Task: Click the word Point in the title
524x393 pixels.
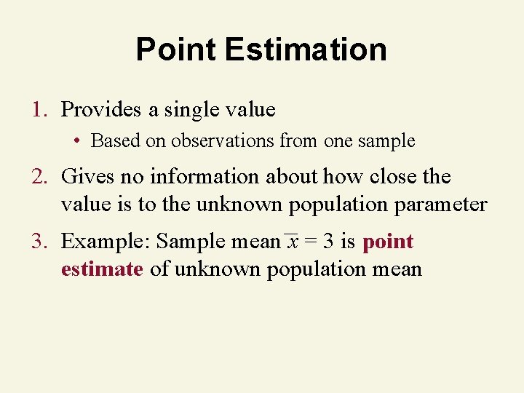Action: point(176,49)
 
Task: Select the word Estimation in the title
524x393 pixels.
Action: point(306,49)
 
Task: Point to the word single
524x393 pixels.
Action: point(191,110)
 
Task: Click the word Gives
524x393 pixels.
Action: point(85,177)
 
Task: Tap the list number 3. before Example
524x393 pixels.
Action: point(39,241)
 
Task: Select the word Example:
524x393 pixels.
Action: point(106,241)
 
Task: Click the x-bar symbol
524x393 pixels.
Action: point(291,241)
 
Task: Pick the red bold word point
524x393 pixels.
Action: point(388,242)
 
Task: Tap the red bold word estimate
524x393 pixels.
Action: point(102,269)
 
